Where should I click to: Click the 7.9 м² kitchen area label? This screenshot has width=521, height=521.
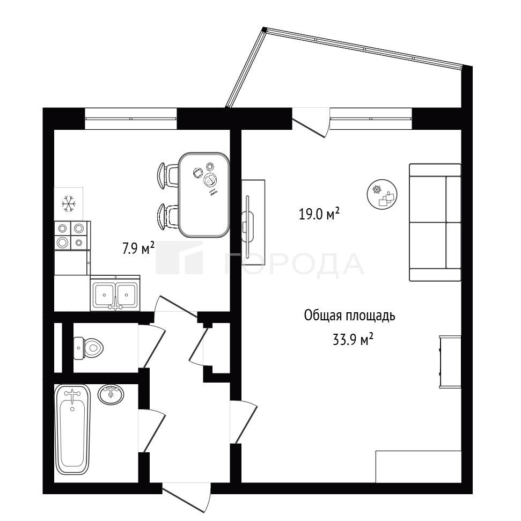(x=138, y=247)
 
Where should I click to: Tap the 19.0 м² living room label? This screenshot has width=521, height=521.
(x=319, y=214)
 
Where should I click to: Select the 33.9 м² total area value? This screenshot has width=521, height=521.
(x=353, y=340)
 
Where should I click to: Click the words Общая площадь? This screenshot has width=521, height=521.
(x=349, y=315)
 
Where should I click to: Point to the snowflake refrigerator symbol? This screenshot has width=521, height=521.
(x=69, y=204)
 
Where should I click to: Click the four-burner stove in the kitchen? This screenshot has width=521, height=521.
(x=72, y=236)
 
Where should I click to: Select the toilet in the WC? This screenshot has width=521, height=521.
(x=88, y=348)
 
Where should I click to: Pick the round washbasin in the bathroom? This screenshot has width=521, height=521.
(x=111, y=394)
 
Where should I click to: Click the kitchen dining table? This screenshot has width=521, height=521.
(x=204, y=195)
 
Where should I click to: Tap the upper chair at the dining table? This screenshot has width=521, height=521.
(x=168, y=176)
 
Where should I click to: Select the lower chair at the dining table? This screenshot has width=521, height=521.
(x=168, y=216)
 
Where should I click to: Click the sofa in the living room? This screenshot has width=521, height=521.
(x=435, y=223)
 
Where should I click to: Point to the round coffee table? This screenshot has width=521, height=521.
(x=382, y=194)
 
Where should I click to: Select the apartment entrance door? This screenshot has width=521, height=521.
(x=186, y=498)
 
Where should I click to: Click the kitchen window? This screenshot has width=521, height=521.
(x=131, y=119)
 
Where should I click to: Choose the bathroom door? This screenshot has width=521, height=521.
(x=152, y=431)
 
